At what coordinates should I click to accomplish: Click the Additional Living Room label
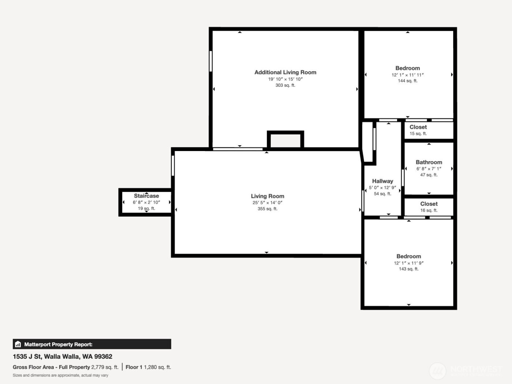[285, 72]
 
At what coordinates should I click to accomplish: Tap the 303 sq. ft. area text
[285, 85]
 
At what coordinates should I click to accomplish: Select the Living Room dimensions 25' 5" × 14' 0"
[267, 203]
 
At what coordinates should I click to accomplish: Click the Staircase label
[146, 196]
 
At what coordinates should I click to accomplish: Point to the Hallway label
[383, 181]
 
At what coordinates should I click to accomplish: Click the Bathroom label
[429, 162]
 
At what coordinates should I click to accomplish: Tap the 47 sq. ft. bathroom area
[429, 175]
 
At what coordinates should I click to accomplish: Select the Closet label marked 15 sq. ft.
[418, 127]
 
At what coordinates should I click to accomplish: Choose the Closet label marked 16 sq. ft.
[429, 204]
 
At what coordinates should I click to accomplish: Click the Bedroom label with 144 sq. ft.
[407, 68]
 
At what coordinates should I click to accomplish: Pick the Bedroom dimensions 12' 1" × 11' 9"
[409, 263]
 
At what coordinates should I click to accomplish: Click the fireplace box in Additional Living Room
[285, 140]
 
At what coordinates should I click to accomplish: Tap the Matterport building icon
[18, 344]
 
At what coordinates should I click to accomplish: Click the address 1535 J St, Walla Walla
[63, 357]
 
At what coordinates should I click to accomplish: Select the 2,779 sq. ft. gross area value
[105, 367]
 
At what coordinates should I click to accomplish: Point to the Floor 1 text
[134, 367]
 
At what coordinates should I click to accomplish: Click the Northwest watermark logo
[437, 371]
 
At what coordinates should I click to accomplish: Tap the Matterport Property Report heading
[58, 345]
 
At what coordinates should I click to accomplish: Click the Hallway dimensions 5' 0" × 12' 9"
[382, 188]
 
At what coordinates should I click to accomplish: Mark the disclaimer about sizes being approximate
[60, 375]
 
